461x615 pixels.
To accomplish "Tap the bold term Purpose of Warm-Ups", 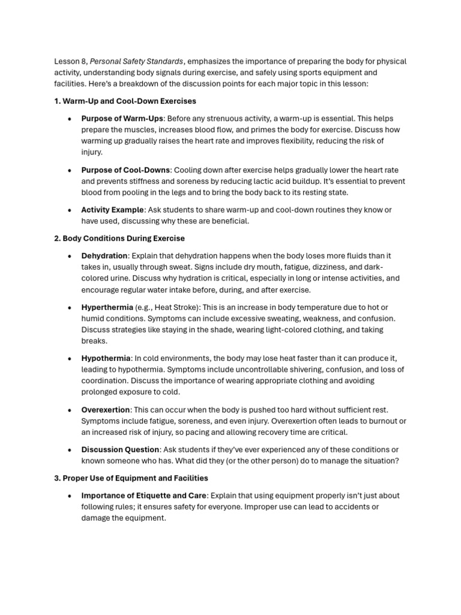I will tap(122, 118).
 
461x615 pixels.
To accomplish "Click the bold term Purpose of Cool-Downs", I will tap(126, 170).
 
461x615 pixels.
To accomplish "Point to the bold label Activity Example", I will tap(112, 210).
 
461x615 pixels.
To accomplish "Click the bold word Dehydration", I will tap(104, 256).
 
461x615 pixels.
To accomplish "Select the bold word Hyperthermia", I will tap(107, 307).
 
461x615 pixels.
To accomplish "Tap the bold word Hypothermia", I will tap(106, 359).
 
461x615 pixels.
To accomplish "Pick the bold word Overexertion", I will tap(106, 410).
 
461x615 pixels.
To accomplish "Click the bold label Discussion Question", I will tap(120, 449).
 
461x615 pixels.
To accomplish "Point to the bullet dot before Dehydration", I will tap(70, 256).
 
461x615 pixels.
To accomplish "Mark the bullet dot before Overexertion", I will tap(70, 410).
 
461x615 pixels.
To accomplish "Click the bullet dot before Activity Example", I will tap(70, 210).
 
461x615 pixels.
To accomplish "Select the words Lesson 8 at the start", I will tap(69, 61).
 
